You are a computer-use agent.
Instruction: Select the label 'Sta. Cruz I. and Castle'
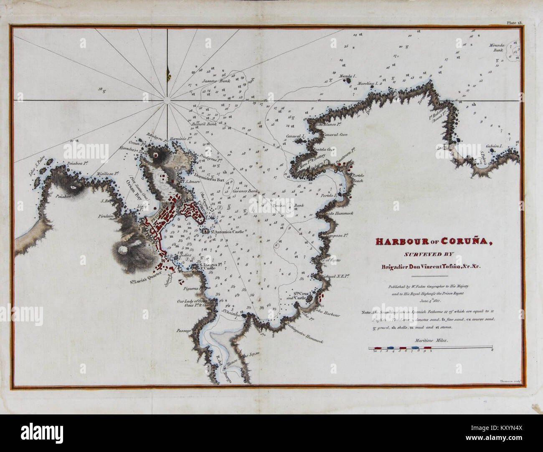298,295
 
